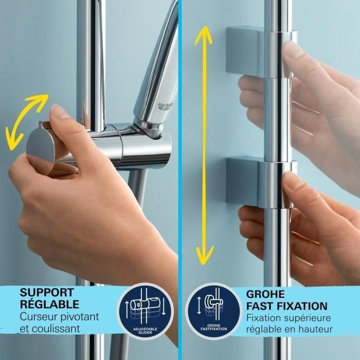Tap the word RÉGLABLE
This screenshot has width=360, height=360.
(x=49, y=304)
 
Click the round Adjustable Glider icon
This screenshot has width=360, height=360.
(x=146, y=310)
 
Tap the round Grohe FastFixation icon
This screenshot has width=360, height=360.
(x=213, y=310)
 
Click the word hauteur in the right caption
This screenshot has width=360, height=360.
(x=314, y=329)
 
